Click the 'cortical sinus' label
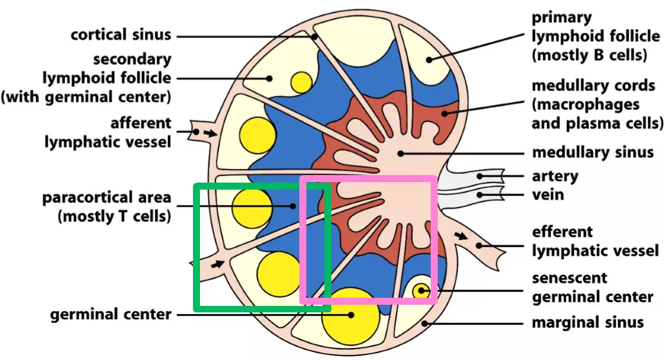pos(121,35)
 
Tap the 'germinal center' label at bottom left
pos(110,315)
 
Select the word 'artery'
pos(555,176)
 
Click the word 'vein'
pos(548,194)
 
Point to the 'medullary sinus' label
pos(593,153)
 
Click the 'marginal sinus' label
pos(588,322)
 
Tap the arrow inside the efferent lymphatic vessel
pos(460,237)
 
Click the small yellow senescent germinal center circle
pos(420,290)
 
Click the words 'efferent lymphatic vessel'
pos(595,241)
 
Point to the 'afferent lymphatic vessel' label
pos(108,132)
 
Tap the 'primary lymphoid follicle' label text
pos(595,37)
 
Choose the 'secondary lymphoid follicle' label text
pos(87,77)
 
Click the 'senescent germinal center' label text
pos(592,287)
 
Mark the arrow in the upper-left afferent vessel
pos(206,133)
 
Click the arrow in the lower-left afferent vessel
pos(217,264)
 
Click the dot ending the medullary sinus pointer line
pos(401,154)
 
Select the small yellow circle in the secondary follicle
pos(301,83)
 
